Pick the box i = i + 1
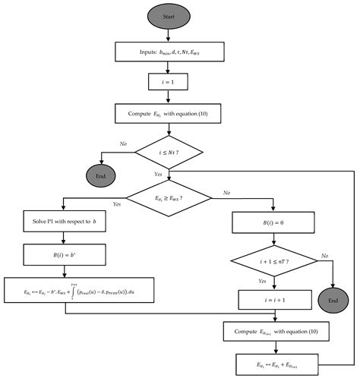click(271, 300)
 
